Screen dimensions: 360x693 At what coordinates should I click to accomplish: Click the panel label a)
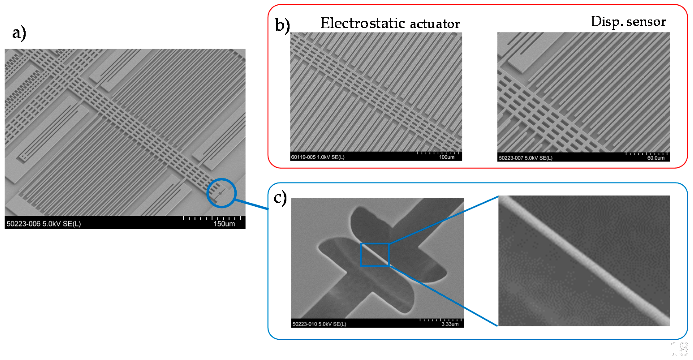click(x=19, y=33)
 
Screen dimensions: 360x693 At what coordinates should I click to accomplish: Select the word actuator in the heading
click(x=435, y=24)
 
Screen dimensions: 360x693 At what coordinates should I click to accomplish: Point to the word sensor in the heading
click(x=646, y=21)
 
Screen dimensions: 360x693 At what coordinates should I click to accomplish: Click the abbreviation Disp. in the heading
click(x=607, y=21)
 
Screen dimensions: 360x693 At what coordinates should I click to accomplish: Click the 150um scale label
click(x=224, y=224)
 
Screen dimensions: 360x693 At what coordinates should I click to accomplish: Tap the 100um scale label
click(x=447, y=157)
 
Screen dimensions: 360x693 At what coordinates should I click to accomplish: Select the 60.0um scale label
click(x=656, y=158)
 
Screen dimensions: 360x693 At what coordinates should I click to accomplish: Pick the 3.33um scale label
click(x=450, y=324)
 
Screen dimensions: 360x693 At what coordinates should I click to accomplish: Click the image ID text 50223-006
click(x=23, y=224)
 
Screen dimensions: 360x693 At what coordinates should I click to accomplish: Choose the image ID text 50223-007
click(x=511, y=158)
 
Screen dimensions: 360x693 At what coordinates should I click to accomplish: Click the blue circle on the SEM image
click(x=221, y=179)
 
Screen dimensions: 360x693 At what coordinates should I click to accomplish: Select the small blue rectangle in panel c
click(x=375, y=244)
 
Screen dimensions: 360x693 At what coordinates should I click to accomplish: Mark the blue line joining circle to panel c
click(x=252, y=204)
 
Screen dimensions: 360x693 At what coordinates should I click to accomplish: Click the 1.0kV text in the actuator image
click(x=324, y=157)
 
